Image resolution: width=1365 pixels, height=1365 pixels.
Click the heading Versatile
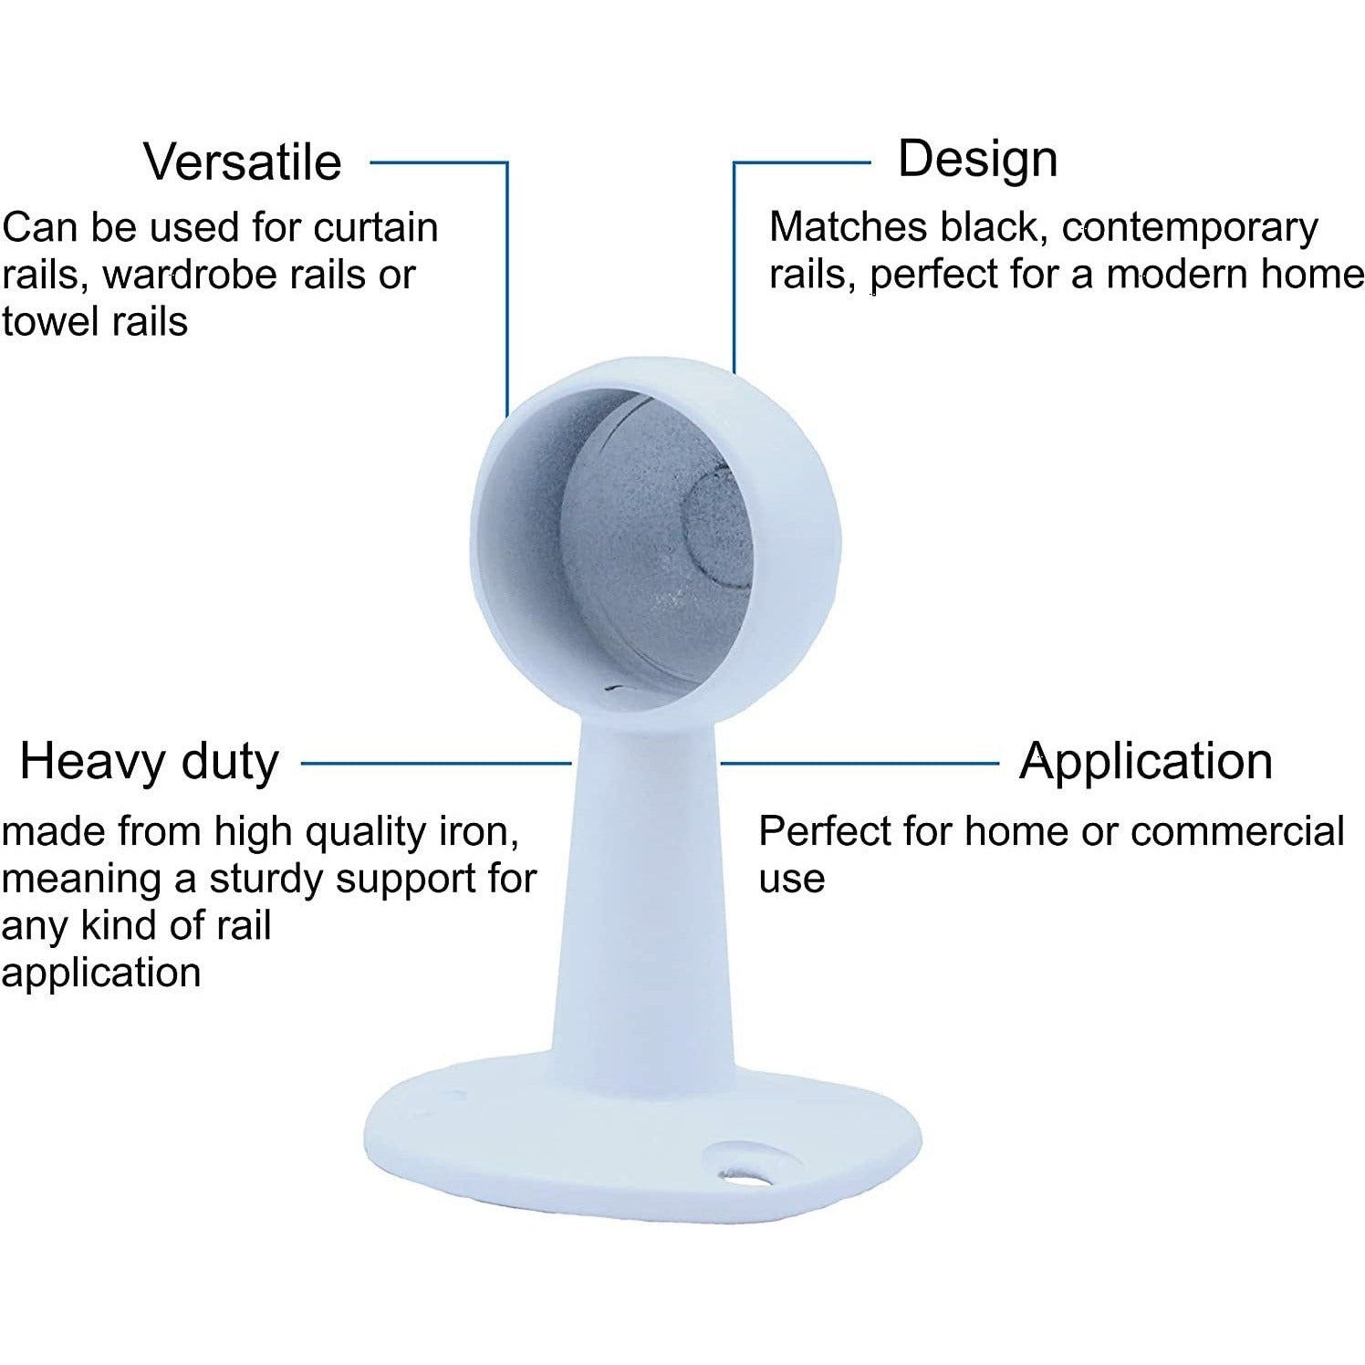click(x=243, y=162)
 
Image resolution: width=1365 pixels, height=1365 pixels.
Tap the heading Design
click(x=977, y=159)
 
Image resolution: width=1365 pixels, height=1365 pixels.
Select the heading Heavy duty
click(x=149, y=763)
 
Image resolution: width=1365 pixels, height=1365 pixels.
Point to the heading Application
click(x=1146, y=762)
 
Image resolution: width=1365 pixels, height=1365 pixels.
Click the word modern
click(x=1180, y=274)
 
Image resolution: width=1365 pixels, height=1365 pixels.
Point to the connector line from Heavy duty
click(x=436, y=763)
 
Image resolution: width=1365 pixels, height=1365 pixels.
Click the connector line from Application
click(x=860, y=763)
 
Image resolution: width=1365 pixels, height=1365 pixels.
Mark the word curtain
click(x=376, y=227)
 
